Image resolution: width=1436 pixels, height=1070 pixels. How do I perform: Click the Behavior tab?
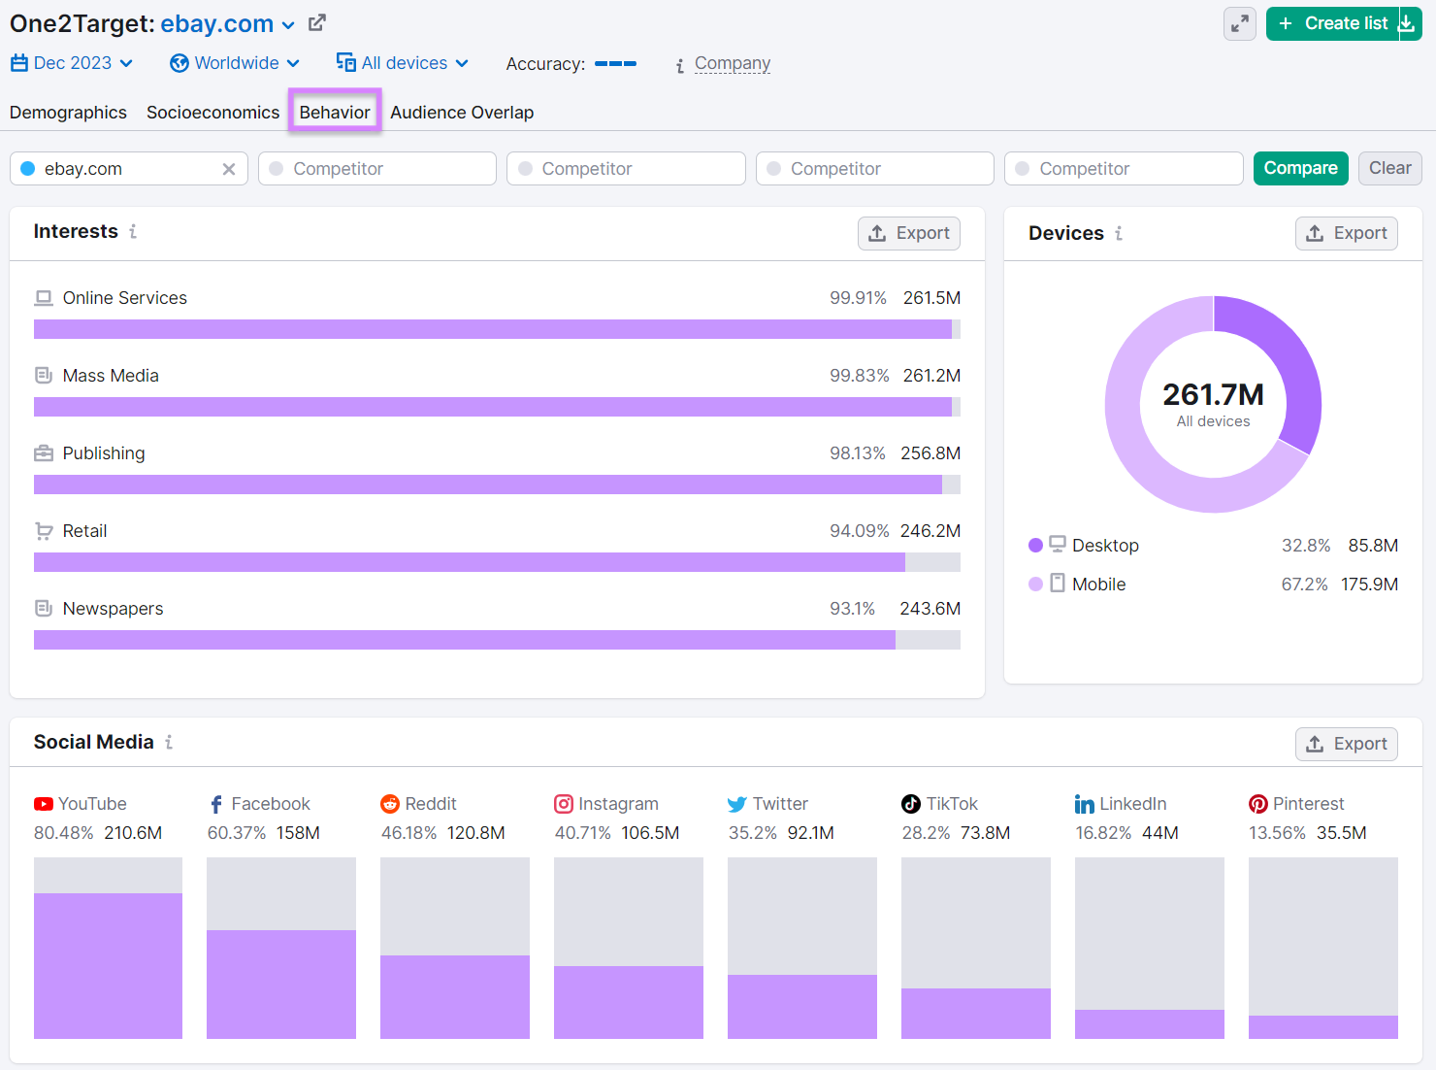coord(335,112)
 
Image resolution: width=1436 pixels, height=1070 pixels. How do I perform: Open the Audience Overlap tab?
coord(462,113)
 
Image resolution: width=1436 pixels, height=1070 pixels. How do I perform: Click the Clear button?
coord(1389,168)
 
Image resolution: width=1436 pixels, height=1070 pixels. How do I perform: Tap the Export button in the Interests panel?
coord(909,233)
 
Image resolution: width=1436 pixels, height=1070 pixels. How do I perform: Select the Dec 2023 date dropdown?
coord(72,63)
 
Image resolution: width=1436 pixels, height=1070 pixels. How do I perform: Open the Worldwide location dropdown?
coord(235,63)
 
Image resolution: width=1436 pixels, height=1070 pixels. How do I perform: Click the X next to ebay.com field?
coord(229,169)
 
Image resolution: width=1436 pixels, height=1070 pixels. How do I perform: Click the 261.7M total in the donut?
coord(1213,395)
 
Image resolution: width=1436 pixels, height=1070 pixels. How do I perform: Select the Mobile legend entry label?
coord(1098,584)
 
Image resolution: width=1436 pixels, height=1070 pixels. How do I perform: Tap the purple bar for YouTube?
coord(108,965)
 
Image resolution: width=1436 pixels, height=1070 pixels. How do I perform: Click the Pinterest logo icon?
coord(1257,804)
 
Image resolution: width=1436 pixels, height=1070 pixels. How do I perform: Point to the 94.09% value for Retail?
coord(859,531)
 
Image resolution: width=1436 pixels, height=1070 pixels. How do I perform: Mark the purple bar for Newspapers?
coord(464,640)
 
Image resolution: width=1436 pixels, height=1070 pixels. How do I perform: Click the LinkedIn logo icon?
coord(1084,804)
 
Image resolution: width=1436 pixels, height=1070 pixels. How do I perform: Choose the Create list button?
coord(1332,23)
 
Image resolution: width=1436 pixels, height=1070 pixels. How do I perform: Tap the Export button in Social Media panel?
coord(1346,744)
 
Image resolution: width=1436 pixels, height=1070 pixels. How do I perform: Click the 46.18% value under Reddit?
coord(408,833)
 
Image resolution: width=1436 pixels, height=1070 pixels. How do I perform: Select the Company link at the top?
coord(733,63)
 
